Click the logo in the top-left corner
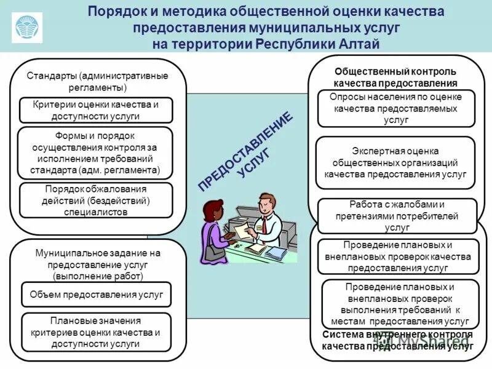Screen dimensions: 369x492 [x=27, y=26]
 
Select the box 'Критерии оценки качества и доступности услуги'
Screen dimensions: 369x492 [x=95, y=110]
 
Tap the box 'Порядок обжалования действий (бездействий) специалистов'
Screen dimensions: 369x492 [x=95, y=200]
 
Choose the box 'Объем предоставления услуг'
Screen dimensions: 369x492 [x=96, y=295]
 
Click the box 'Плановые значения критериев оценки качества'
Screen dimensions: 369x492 [x=95, y=332]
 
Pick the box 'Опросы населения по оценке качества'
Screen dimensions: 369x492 [x=397, y=109]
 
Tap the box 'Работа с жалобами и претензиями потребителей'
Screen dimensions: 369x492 [x=397, y=216]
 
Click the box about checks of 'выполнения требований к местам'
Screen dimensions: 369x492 [x=399, y=304]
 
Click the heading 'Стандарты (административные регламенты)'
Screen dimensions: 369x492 [x=97, y=81]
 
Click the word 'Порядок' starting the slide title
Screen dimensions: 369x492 [x=112, y=12]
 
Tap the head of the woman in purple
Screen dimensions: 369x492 [x=216, y=210]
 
